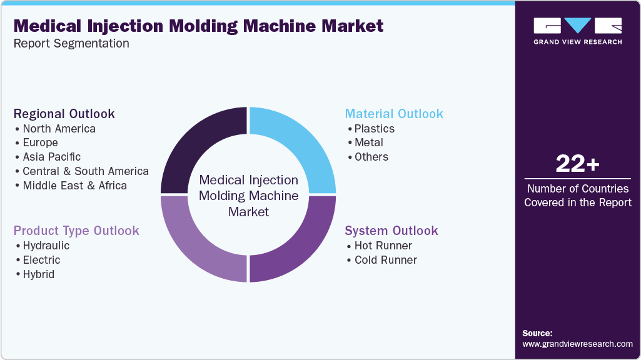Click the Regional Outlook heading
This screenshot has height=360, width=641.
click(64, 114)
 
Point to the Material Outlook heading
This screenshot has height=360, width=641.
click(394, 114)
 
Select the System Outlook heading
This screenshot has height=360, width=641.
click(391, 231)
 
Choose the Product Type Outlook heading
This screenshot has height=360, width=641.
click(76, 231)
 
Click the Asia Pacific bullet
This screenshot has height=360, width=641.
click(51, 157)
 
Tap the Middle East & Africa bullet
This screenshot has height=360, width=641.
click(74, 186)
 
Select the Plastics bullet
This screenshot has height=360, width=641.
click(374, 129)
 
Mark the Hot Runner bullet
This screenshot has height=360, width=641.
click(383, 246)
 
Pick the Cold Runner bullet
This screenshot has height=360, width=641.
click(385, 260)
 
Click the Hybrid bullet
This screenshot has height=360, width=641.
click(38, 274)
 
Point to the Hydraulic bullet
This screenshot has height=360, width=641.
click(46, 246)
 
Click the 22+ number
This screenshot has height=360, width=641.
click(577, 164)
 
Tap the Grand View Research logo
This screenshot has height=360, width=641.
click(577, 31)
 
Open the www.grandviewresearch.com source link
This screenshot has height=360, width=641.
click(577, 344)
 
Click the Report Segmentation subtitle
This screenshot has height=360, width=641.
click(71, 44)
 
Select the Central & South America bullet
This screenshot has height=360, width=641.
click(86, 171)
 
